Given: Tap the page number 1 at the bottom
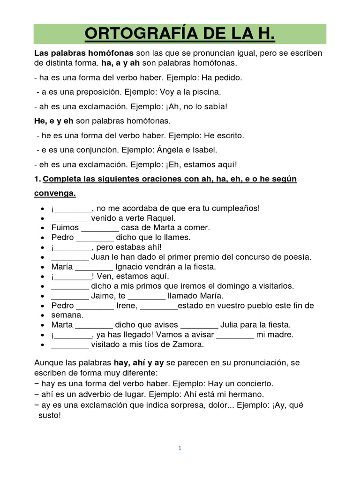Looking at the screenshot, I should pyautogui.click(x=180, y=448).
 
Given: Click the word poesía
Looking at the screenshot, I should pyautogui.click(x=297, y=257).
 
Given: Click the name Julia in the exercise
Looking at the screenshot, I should pyautogui.click(x=232, y=325).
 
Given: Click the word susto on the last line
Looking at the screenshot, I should pyautogui.click(x=50, y=415).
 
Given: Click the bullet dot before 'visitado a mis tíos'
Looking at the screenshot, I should pyautogui.click(x=43, y=345).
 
